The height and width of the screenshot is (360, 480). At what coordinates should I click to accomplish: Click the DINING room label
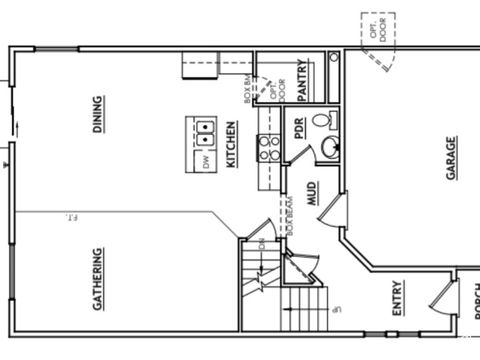coord(98,113)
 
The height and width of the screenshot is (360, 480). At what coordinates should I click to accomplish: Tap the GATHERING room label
coord(98,279)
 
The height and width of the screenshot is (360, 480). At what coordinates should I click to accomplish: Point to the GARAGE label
coord(451,158)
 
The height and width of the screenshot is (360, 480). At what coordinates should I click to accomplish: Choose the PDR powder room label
coord(298,128)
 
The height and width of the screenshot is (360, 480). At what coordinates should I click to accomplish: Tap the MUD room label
coord(312,194)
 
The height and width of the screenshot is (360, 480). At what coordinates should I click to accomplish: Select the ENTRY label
coord(398,298)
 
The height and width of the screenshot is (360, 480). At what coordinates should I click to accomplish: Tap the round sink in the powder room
coord(329,149)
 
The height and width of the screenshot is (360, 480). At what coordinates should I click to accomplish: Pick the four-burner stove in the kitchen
coord(269,148)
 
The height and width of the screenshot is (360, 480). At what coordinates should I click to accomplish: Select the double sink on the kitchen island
coord(203,128)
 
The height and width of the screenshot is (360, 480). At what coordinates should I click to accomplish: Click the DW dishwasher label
coord(205,160)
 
